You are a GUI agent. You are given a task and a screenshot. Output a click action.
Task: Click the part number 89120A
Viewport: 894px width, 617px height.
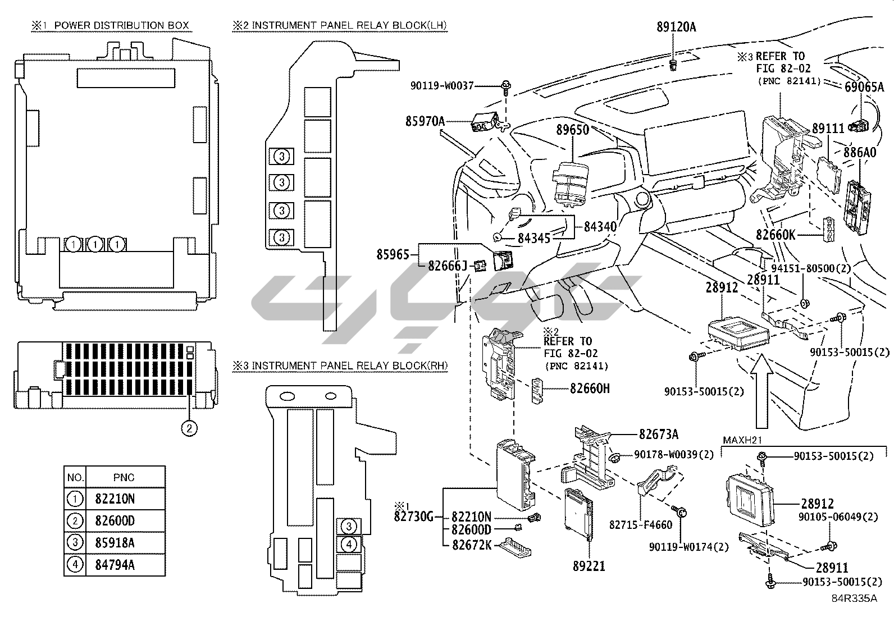[676, 27]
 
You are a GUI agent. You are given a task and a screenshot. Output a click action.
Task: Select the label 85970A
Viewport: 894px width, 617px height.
[425, 121]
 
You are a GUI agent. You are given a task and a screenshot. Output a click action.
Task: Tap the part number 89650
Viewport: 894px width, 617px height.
[573, 130]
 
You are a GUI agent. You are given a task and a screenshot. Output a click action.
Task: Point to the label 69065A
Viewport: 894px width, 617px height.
[864, 87]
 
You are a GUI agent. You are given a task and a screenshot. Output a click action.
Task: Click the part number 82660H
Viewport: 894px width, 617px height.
[590, 388]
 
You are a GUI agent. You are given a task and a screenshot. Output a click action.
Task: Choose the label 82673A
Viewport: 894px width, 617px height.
[659, 434]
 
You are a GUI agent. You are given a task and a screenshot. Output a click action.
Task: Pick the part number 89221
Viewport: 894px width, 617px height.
[589, 566]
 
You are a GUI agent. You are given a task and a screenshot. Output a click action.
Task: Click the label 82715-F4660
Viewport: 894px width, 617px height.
[641, 525]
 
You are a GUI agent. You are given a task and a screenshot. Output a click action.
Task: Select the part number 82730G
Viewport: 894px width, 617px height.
[414, 517]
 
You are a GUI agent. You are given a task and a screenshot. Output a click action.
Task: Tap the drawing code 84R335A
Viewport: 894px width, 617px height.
[854, 598]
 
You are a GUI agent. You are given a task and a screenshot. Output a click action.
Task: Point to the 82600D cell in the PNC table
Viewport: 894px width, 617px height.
[115, 520]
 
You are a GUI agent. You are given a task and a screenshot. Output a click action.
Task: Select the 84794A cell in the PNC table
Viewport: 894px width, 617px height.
[115, 565]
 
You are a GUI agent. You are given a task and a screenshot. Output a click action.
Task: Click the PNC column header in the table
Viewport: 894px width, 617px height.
[124, 477]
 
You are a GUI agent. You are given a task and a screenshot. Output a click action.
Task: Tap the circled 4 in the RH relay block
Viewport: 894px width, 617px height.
[349, 544]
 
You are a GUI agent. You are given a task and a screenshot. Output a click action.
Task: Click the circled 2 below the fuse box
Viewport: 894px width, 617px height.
[189, 428]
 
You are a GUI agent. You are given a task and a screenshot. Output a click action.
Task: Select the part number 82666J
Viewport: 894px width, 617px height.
[448, 265]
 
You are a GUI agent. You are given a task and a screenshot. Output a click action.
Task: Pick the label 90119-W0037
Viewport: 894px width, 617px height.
[442, 86]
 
